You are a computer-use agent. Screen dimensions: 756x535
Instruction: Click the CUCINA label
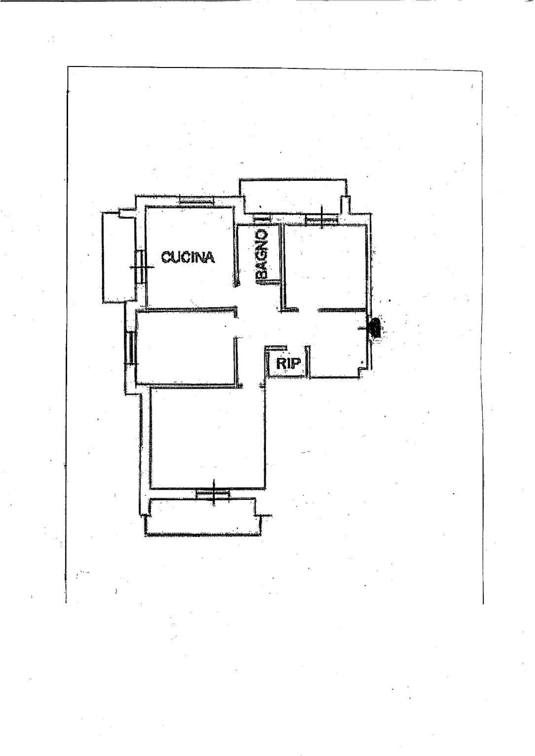(188, 257)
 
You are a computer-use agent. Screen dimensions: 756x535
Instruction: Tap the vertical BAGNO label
(262, 256)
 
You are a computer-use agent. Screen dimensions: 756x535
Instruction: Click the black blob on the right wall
(376, 327)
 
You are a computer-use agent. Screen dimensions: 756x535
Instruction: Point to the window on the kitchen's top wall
(196, 200)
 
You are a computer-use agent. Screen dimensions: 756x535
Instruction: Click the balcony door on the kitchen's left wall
(140, 266)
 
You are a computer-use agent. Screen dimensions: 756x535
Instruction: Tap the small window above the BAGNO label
(262, 218)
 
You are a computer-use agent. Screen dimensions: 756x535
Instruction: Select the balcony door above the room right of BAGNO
(321, 219)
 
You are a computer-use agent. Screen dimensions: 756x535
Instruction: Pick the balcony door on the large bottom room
(213, 493)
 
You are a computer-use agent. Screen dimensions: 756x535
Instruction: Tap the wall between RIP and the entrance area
(307, 362)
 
